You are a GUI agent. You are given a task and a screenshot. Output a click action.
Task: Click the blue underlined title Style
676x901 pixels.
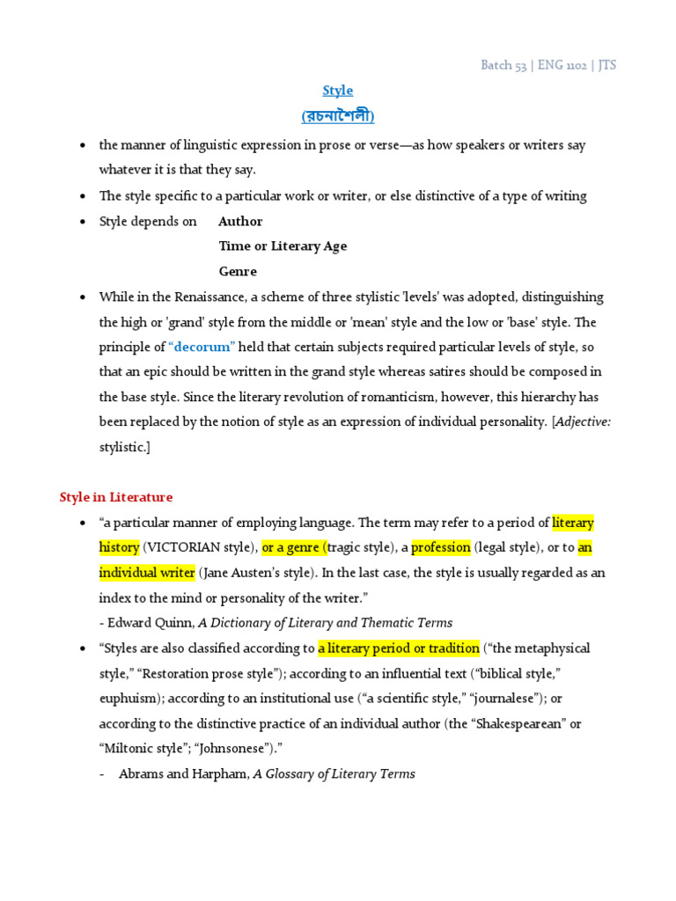click(x=338, y=91)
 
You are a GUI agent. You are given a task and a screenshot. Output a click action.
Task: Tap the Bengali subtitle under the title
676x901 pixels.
click(x=338, y=116)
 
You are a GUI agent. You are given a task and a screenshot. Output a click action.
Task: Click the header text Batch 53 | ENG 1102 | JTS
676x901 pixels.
click(x=548, y=66)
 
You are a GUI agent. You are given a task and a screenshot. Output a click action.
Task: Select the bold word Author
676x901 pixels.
click(x=240, y=222)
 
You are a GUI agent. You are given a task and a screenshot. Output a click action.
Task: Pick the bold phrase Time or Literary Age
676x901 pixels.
click(x=283, y=246)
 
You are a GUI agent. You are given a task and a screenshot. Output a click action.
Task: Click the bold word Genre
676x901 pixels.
click(x=238, y=272)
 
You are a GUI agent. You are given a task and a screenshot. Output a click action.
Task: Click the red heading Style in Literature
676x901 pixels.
click(x=116, y=498)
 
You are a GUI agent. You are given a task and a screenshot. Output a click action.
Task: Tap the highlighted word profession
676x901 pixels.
click(x=441, y=547)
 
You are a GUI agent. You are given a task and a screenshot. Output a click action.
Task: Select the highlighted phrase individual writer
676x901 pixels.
click(x=147, y=573)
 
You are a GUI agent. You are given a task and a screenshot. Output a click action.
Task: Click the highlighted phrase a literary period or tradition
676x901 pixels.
click(x=399, y=648)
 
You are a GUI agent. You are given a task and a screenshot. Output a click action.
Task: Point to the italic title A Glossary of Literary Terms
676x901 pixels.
click(x=334, y=774)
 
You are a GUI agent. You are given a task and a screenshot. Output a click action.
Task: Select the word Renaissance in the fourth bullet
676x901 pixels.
click(x=203, y=297)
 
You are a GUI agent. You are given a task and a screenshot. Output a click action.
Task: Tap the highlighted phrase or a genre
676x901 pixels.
click(x=293, y=547)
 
